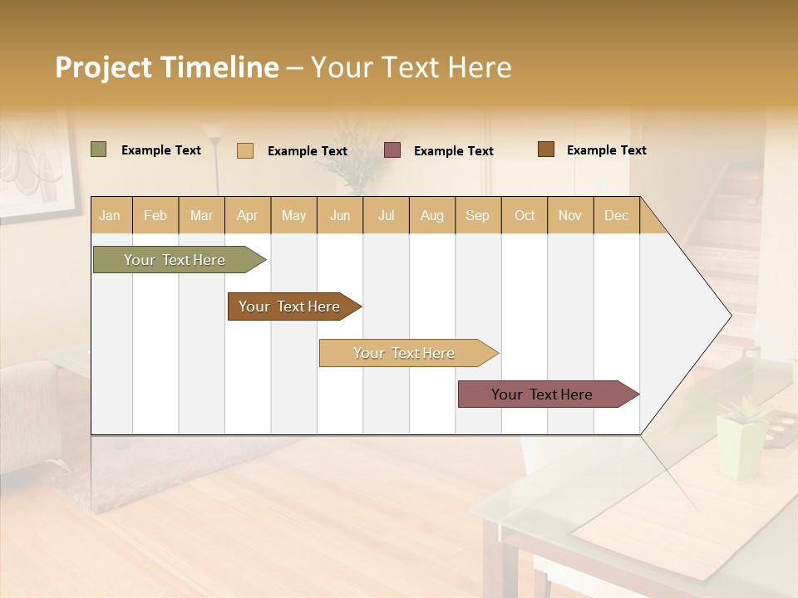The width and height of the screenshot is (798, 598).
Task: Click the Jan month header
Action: click(110, 215)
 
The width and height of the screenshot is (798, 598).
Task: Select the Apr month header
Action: click(247, 215)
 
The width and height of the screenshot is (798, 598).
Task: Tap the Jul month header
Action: click(386, 215)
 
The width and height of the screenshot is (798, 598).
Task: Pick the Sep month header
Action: click(477, 215)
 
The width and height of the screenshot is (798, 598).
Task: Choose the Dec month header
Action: click(616, 215)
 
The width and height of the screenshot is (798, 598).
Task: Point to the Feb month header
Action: click(155, 215)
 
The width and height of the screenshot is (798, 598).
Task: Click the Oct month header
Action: click(525, 215)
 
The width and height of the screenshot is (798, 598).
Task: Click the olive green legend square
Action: click(98, 149)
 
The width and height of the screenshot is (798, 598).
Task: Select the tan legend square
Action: click(245, 150)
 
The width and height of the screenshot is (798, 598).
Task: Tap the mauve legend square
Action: click(392, 150)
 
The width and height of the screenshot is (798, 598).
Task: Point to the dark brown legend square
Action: click(546, 149)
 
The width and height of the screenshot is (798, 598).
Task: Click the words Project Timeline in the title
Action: click(166, 67)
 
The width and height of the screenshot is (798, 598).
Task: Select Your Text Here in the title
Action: click(411, 67)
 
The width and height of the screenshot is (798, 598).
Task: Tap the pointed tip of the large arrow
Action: click(729, 316)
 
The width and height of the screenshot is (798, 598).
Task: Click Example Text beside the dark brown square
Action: click(606, 149)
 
